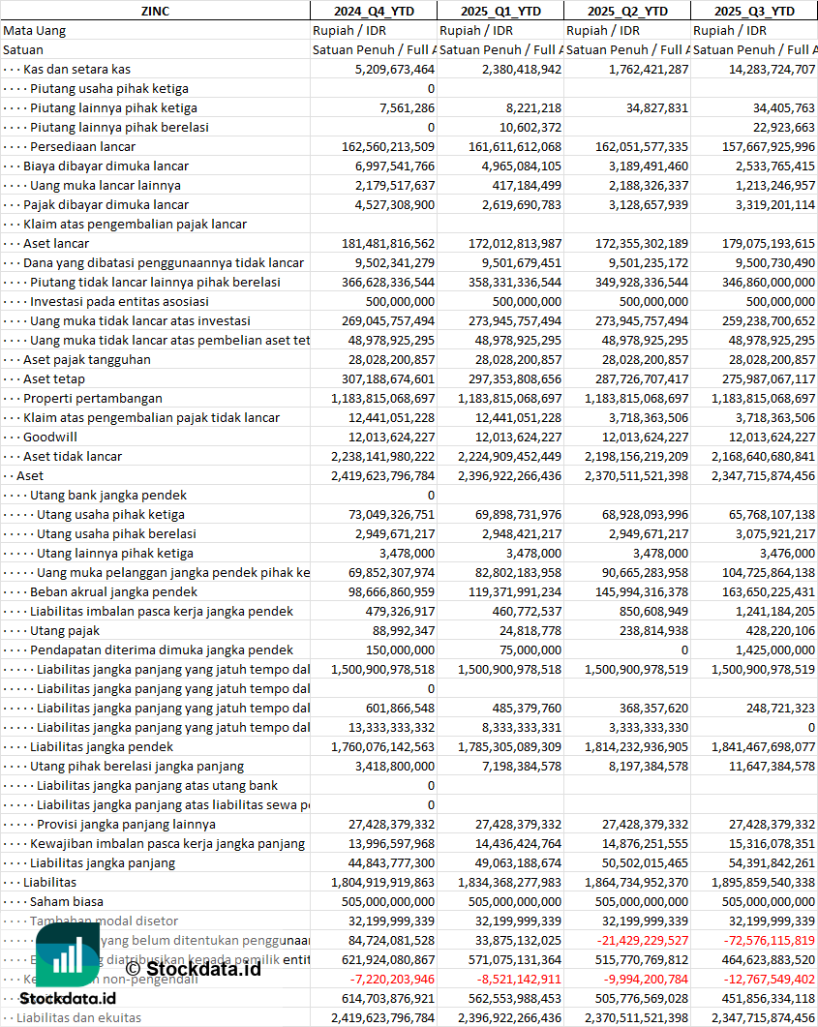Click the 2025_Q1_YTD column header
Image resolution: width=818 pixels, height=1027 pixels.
click(500, 11)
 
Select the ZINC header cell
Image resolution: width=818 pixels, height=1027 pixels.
click(155, 11)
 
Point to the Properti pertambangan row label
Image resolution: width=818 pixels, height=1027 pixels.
click(93, 398)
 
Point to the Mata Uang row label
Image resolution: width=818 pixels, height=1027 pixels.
click(35, 30)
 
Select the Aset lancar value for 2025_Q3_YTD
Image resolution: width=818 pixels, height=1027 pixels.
click(758, 243)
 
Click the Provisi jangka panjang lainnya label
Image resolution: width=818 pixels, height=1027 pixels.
click(126, 824)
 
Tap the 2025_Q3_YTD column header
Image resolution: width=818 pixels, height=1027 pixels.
click(754, 11)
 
